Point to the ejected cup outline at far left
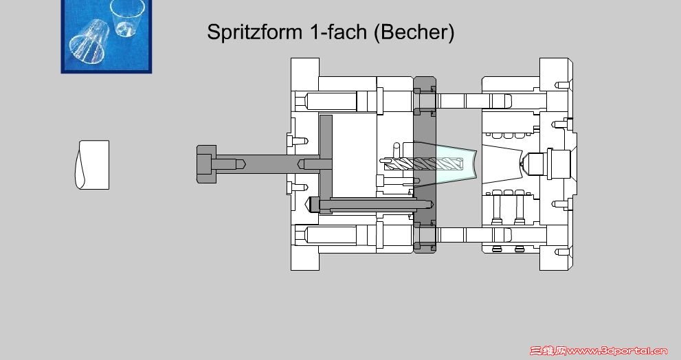coord(93,165)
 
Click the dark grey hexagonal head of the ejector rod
coord(206,164)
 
